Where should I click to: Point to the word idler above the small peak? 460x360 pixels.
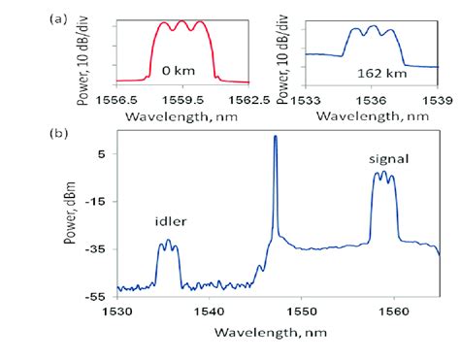171,221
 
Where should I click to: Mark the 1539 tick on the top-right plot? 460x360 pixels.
438,98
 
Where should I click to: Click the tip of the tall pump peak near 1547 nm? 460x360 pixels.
276,137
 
